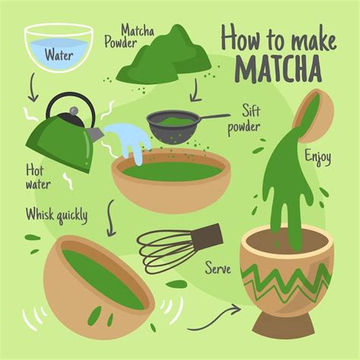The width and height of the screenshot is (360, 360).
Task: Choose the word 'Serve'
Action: coord(218,268)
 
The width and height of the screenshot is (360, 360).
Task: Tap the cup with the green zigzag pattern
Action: coord(286,282)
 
